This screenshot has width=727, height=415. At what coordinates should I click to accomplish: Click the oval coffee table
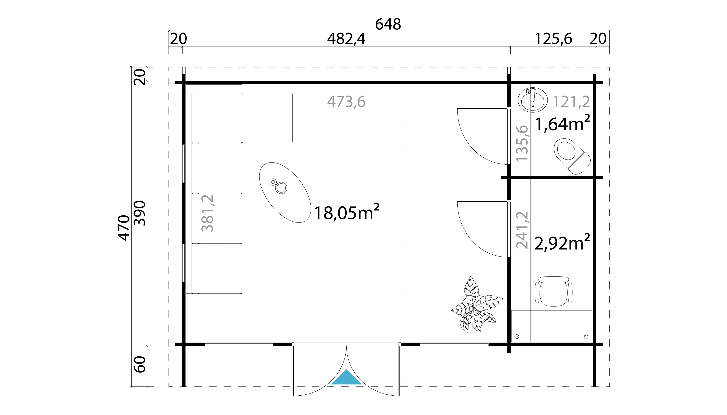(x=285, y=192)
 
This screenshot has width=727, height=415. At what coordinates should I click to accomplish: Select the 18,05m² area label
(x=346, y=212)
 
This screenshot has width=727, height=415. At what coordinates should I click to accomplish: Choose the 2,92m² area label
(x=562, y=242)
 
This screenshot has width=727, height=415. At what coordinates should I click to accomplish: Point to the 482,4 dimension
(x=346, y=39)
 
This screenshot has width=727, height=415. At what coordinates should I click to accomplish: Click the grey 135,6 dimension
(x=522, y=143)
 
